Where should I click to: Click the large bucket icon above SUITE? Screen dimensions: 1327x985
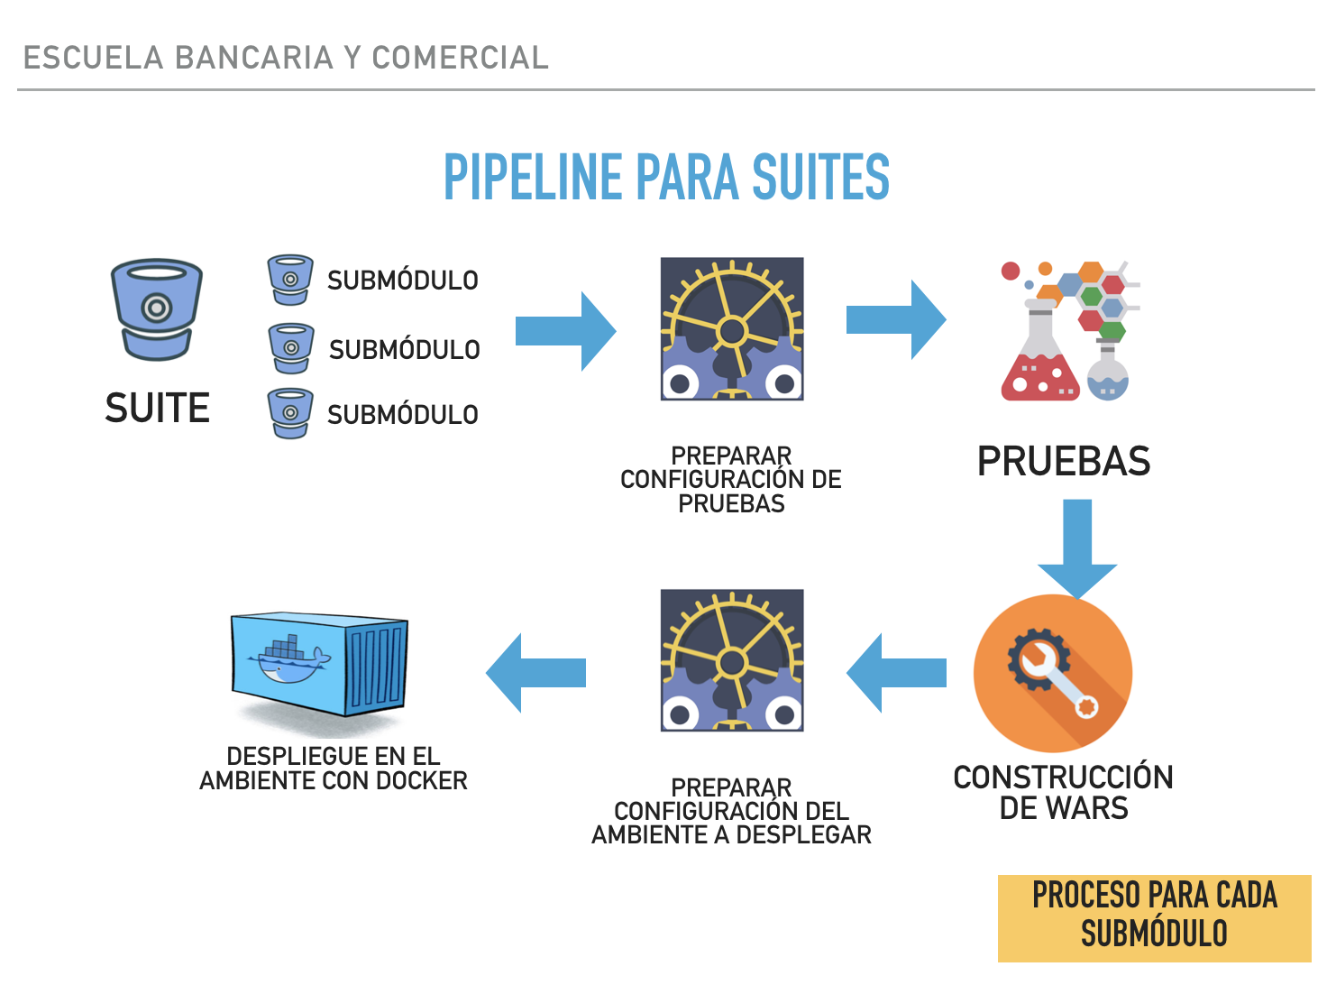pyautogui.click(x=156, y=309)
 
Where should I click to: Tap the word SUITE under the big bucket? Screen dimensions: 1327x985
pyautogui.click(x=158, y=408)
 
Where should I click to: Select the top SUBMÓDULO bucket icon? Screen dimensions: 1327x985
pyautogui.click(x=289, y=279)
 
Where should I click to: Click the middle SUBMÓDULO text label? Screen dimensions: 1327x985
pyautogui.click(x=405, y=350)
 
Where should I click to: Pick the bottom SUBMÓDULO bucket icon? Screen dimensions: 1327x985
pyautogui.click(x=289, y=413)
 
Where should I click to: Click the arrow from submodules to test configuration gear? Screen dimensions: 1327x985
pyautogui.click(x=565, y=331)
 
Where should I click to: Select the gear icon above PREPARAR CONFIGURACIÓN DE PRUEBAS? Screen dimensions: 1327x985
pyautogui.click(x=732, y=328)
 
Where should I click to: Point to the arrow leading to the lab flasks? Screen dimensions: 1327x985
pyautogui.click(x=896, y=319)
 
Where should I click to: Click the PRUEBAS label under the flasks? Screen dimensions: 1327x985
pyautogui.click(x=1063, y=461)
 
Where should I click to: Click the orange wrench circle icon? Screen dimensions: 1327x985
pyautogui.click(x=1052, y=673)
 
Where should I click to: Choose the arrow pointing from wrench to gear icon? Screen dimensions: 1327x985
pyautogui.click(x=896, y=672)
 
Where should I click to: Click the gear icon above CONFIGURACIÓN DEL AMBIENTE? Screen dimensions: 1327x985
pyautogui.click(x=732, y=660)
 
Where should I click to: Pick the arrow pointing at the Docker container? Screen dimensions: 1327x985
pyautogui.click(x=535, y=672)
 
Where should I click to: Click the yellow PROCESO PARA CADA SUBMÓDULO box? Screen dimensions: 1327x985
pyautogui.click(x=1154, y=918)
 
